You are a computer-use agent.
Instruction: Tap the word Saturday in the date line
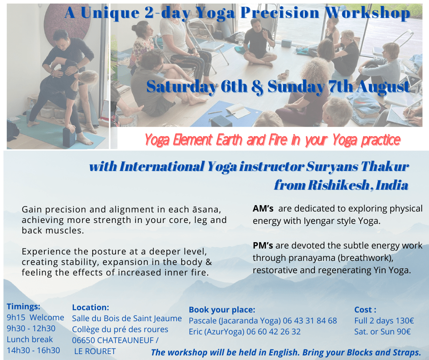[x=182, y=87]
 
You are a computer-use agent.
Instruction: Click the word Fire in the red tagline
[x=278, y=139]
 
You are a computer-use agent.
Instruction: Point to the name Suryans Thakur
[x=357, y=166]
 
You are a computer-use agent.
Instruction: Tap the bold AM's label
[x=263, y=209]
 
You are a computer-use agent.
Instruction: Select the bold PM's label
[x=263, y=245]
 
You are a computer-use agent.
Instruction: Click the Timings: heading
[x=24, y=307]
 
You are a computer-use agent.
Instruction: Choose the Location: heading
[x=90, y=307]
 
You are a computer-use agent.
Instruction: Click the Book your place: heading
[x=222, y=310]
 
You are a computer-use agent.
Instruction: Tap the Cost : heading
[x=365, y=310]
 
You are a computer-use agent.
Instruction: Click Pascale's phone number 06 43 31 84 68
[x=310, y=321]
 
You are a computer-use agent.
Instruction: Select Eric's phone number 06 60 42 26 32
[x=273, y=332]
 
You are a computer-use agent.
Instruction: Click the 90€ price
[x=403, y=332]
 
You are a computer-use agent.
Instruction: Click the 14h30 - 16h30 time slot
[x=33, y=350]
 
